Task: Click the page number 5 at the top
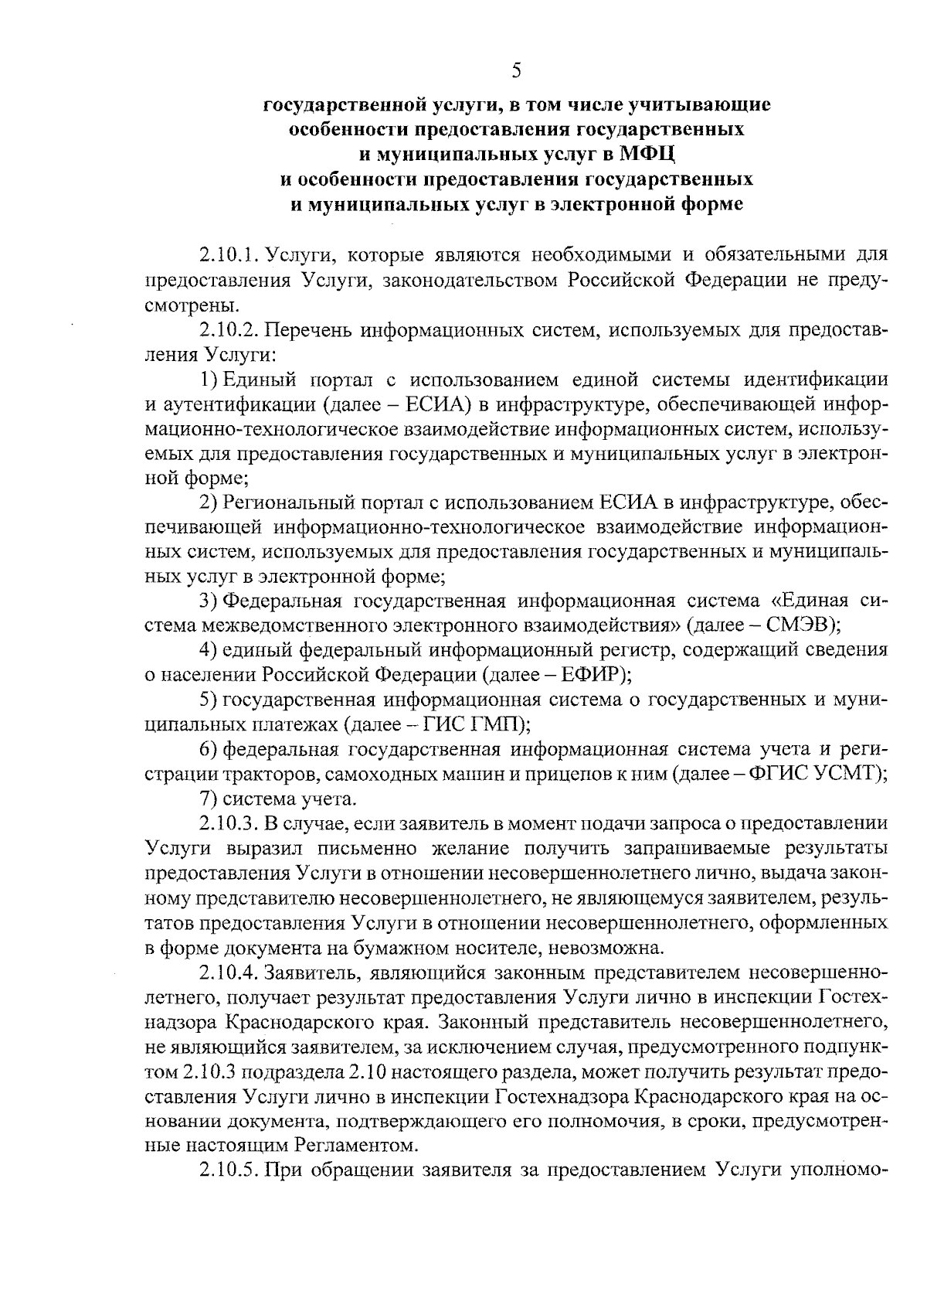[x=516, y=71]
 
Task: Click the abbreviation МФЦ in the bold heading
[x=649, y=155]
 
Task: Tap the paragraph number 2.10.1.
[x=229, y=254]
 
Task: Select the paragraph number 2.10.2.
[x=229, y=330]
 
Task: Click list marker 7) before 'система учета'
[x=209, y=799]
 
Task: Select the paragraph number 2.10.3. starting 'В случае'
[x=229, y=823]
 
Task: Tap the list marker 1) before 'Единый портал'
[x=209, y=380]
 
